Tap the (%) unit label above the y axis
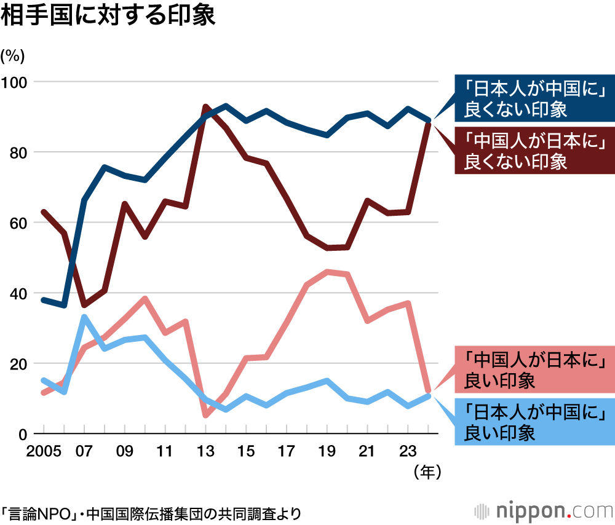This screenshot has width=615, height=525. coord(13,56)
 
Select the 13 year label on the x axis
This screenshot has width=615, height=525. coord(205,452)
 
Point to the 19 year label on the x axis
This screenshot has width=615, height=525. coord(327,452)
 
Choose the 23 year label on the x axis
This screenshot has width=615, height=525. coord(408,452)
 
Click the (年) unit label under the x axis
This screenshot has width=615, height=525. coord(424,472)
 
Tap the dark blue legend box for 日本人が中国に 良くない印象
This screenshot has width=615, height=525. coord(533,99)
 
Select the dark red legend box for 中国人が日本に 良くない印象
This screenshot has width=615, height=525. coord(533,151)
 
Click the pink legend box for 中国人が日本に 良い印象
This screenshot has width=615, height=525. coord(533,369)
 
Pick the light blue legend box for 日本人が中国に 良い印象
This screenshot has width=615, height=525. coord(533,421)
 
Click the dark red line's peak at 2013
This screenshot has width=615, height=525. coord(205,107)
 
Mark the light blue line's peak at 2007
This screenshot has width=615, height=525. coord(84,317)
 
